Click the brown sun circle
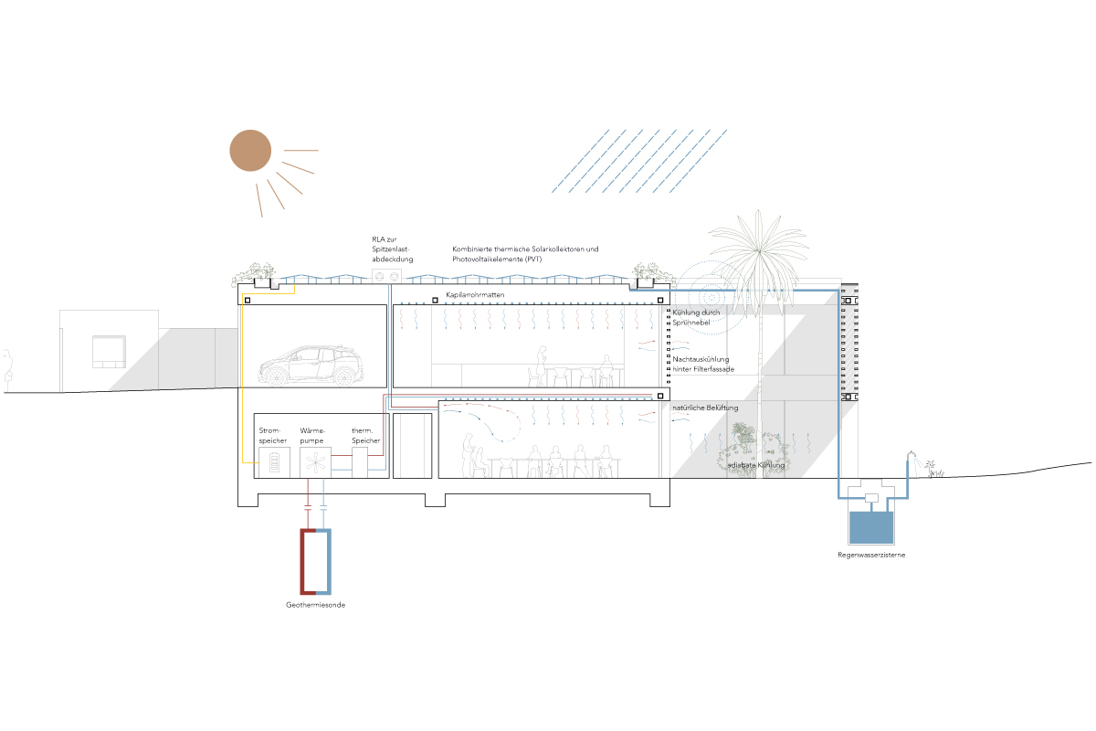pyautogui.click(x=250, y=151)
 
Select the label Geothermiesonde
pyautogui.click(x=316, y=605)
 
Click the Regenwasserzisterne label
pyautogui.click(x=871, y=555)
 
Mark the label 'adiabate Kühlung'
pyautogui.click(x=756, y=465)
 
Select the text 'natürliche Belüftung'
pyautogui.click(x=705, y=407)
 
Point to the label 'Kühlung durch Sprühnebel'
pyautogui.click(x=696, y=318)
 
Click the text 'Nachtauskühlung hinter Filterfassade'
pyautogui.click(x=703, y=365)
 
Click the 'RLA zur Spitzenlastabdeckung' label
pyautogui.click(x=386, y=249)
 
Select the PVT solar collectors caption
pyautogui.click(x=525, y=254)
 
